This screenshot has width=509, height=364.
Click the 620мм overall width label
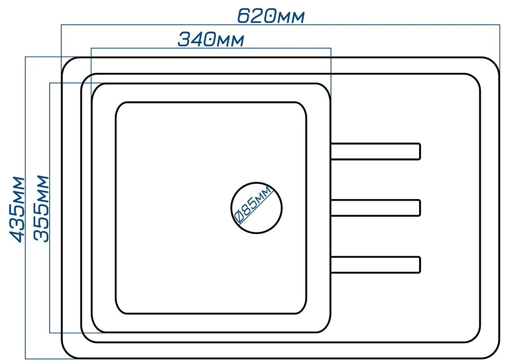point(271,16)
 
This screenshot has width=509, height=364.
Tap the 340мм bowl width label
point(211,40)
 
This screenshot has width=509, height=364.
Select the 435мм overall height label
point(16,209)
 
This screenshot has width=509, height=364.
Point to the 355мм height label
point(41,209)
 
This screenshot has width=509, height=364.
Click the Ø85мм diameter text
point(253,205)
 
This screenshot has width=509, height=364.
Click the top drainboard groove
point(376,151)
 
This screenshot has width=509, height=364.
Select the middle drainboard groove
point(376,208)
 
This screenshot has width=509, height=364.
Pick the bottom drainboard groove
point(376,265)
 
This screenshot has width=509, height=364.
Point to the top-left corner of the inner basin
point(119,105)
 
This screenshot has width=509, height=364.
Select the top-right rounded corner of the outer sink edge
point(494,63)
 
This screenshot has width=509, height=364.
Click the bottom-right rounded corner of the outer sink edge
point(494,353)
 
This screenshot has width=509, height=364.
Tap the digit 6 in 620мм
point(244,16)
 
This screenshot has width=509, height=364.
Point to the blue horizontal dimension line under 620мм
point(280,25)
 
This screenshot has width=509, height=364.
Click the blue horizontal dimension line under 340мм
point(211,48)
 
